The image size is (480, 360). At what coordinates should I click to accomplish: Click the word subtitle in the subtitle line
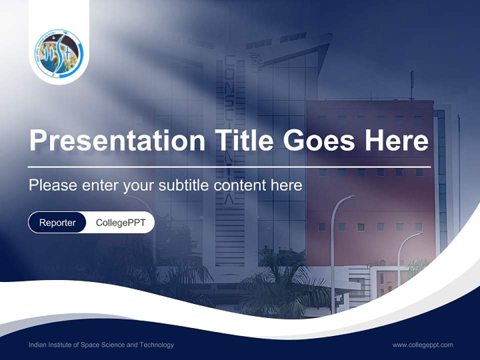pos(185,185)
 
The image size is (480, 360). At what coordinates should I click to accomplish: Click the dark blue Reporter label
pos(57,222)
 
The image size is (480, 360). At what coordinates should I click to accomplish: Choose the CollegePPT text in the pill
pos(120,222)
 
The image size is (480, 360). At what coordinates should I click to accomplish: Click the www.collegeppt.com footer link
pos(422,344)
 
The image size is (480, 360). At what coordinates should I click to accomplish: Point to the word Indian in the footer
pos(38,345)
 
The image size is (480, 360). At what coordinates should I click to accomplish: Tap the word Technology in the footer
pos(158,345)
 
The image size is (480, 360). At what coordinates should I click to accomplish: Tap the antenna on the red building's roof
pos(412,85)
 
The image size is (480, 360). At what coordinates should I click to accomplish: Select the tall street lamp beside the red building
pos(333,250)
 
